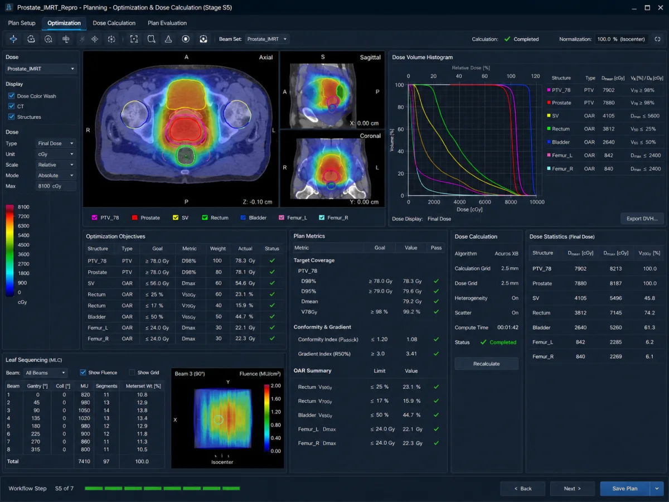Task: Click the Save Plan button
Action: coord(625,489)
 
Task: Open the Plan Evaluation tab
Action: coord(167,23)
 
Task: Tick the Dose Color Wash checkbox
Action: coord(12,96)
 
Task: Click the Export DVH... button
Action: coord(642,219)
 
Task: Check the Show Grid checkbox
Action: coord(132,373)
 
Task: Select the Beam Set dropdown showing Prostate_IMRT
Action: coord(266,39)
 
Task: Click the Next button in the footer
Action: coord(572,489)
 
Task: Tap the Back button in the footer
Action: coord(523,489)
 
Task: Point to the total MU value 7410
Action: coord(84,461)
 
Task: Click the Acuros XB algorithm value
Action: coord(506,254)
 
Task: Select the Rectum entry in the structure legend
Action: coord(215,218)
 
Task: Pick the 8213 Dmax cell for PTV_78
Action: coord(615,268)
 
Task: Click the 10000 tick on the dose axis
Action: coord(537,202)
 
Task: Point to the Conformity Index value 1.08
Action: coord(412,339)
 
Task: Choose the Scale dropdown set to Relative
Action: coord(55,165)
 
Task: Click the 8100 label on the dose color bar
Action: coord(23,207)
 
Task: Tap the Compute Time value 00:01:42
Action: coord(508,327)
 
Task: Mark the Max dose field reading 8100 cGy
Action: coord(55,186)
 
